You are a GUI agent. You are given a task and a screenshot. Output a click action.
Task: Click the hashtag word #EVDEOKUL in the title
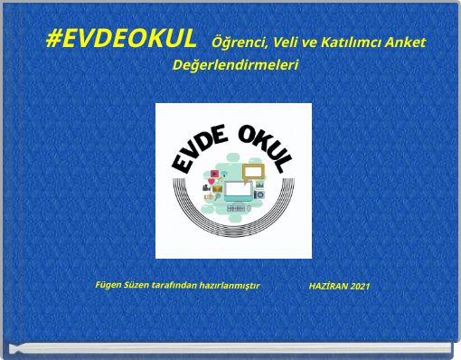120,40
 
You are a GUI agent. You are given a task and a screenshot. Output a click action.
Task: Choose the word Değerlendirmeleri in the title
235,66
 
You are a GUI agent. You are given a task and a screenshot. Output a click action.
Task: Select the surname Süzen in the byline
136,285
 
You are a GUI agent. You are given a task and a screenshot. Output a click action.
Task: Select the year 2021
360,286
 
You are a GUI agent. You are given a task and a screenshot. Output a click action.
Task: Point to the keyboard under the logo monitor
236,208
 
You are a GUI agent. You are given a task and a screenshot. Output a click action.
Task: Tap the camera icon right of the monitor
259,194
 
